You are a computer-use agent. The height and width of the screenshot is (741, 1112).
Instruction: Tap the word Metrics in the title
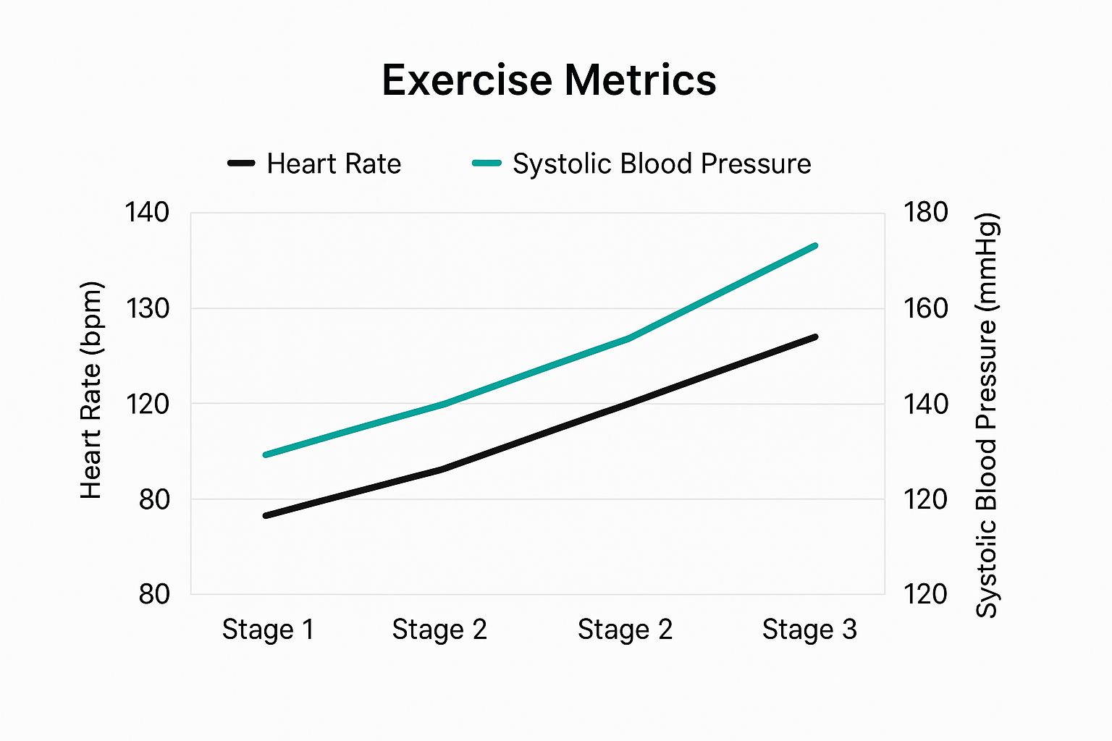pos(641,80)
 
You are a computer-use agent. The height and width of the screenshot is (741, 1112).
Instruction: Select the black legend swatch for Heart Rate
pos(241,164)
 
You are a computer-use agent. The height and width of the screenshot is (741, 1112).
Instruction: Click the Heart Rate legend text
pos(334,164)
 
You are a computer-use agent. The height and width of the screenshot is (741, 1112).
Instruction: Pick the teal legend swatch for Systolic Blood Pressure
pos(486,164)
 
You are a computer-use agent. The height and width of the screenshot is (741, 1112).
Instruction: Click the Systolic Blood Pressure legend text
pos(662,164)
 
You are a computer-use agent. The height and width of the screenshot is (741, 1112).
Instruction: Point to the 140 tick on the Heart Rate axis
pos(147,213)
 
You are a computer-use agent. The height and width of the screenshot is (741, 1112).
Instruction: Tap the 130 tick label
pos(147,309)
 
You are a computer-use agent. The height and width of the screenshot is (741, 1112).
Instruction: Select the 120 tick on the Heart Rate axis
pos(147,404)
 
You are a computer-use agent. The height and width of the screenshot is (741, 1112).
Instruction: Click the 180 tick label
pos(925,213)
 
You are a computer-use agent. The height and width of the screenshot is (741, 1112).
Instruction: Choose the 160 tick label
pos(925,309)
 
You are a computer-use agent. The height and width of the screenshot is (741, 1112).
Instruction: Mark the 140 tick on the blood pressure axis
pos(925,404)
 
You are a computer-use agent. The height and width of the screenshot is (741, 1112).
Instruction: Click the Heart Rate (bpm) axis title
pos(91,391)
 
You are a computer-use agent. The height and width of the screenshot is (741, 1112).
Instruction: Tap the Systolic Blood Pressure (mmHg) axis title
pos(987,415)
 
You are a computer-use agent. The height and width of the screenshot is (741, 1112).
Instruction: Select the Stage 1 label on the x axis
pos(268,630)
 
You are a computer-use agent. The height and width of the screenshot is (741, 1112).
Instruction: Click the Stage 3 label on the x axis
pos(809,630)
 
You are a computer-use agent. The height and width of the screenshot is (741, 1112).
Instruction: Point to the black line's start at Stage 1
pos(266,515)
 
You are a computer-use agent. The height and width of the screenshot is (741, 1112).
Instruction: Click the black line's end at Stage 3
pos(815,337)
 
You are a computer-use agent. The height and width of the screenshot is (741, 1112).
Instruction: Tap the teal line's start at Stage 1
pos(266,454)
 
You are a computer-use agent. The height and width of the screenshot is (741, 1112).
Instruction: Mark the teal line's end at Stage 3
pos(815,246)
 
